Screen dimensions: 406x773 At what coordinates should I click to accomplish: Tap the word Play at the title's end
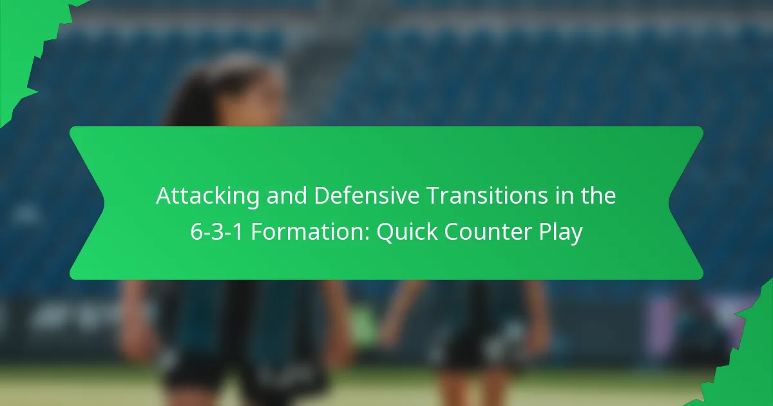click(x=560, y=233)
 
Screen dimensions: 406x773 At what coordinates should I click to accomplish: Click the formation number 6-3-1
click(x=216, y=233)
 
